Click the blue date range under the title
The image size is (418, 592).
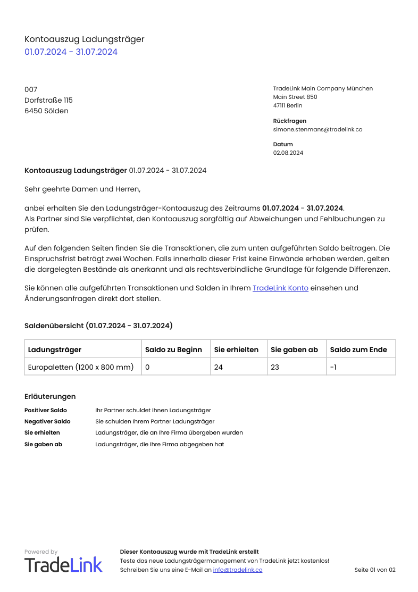click(71, 52)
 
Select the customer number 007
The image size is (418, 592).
click(31, 89)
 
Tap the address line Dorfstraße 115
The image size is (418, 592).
click(48, 100)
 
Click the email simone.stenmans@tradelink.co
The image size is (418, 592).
click(317, 129)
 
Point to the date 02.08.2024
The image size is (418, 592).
click(288, 153)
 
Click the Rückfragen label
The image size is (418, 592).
click(289, 121)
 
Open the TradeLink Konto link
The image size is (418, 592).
click(280, 288)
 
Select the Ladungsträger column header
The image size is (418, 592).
click(55, 349)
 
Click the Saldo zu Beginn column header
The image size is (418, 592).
click(173, 349)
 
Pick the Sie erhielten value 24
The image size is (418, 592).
click(219, 367)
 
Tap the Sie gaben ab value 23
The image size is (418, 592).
click(275, 367)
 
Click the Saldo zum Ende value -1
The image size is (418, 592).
click(333, 367)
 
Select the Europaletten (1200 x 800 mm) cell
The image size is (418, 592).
click(81, 367)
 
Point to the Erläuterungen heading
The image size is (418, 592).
click(50, 396)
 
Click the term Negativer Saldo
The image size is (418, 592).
click(47, 421)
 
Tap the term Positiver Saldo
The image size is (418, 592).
click(46, 410)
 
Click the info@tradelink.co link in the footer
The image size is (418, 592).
click(238, 570)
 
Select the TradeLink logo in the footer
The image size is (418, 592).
click(63, 564)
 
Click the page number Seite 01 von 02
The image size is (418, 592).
click(375, 570)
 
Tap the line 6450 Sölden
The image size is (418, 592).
click(46, 111)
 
